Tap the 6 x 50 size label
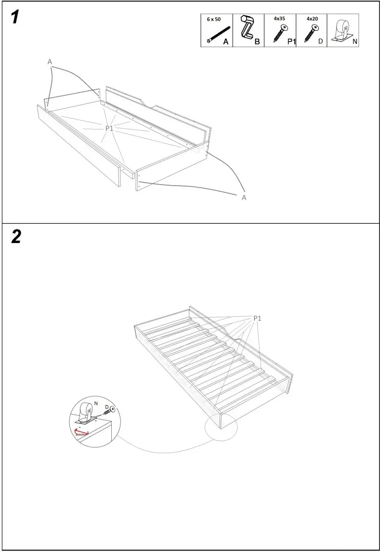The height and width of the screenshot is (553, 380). coord(213,19)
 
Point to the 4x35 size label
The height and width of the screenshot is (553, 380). coord(279,19)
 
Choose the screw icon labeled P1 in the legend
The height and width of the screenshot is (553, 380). coord(278,34)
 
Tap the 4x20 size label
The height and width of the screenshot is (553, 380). coord(312,19)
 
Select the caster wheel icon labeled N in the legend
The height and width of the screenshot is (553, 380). coord(343,30)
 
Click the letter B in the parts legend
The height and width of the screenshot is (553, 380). coord(257,42)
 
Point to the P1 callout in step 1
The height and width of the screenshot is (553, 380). coord(109,128)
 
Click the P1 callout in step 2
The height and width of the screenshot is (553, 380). coord(257,318)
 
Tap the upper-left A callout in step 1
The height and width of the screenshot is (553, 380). coord(50,62)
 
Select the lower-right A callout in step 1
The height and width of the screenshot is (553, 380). coord(244,198)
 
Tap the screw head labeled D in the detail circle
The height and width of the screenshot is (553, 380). coord(113,409)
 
